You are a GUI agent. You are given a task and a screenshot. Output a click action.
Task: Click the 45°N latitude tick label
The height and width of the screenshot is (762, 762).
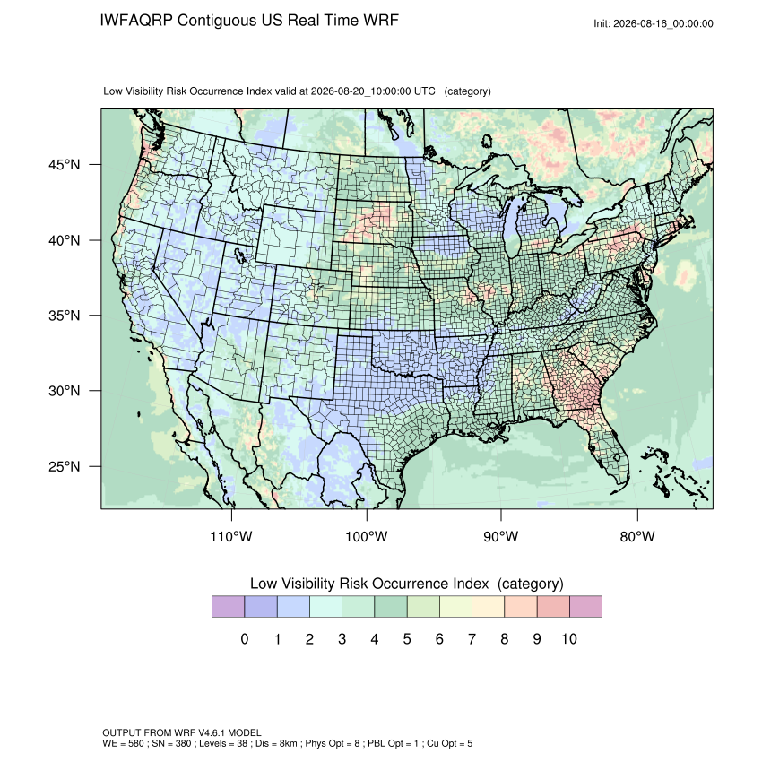point(65,165)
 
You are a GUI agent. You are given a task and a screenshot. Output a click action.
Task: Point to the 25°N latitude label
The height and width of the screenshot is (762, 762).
point(65,466)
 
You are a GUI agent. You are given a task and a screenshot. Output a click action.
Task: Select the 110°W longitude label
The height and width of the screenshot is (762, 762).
point(231,536)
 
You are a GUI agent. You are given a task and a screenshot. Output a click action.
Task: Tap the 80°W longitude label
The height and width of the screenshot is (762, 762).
point(637,536)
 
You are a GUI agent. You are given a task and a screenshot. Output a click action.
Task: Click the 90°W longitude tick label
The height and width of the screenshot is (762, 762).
point(500,536)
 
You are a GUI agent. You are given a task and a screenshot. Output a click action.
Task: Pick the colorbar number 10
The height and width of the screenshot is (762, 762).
point(569,638)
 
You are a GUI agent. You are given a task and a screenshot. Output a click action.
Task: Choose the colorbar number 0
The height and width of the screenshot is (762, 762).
point(245,638)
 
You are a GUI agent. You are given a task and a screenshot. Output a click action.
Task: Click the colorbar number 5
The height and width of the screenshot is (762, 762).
point(407,638)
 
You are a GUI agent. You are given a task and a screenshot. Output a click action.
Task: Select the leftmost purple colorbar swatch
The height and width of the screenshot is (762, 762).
point(228,607)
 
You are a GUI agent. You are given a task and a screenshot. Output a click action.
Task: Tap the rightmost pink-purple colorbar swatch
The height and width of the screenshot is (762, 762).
point(585,607)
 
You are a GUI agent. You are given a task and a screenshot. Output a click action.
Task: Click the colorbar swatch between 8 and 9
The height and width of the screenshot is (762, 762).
point(521,607)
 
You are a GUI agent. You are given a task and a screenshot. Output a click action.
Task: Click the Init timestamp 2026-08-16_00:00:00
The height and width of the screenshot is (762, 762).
point(663,24)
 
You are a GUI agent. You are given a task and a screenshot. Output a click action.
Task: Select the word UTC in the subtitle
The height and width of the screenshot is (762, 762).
point(424,91)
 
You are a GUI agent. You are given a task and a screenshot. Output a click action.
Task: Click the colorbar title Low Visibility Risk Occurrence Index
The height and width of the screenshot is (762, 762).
point(369,584)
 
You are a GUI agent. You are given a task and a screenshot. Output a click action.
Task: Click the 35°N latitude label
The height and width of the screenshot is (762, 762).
point(65,316)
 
